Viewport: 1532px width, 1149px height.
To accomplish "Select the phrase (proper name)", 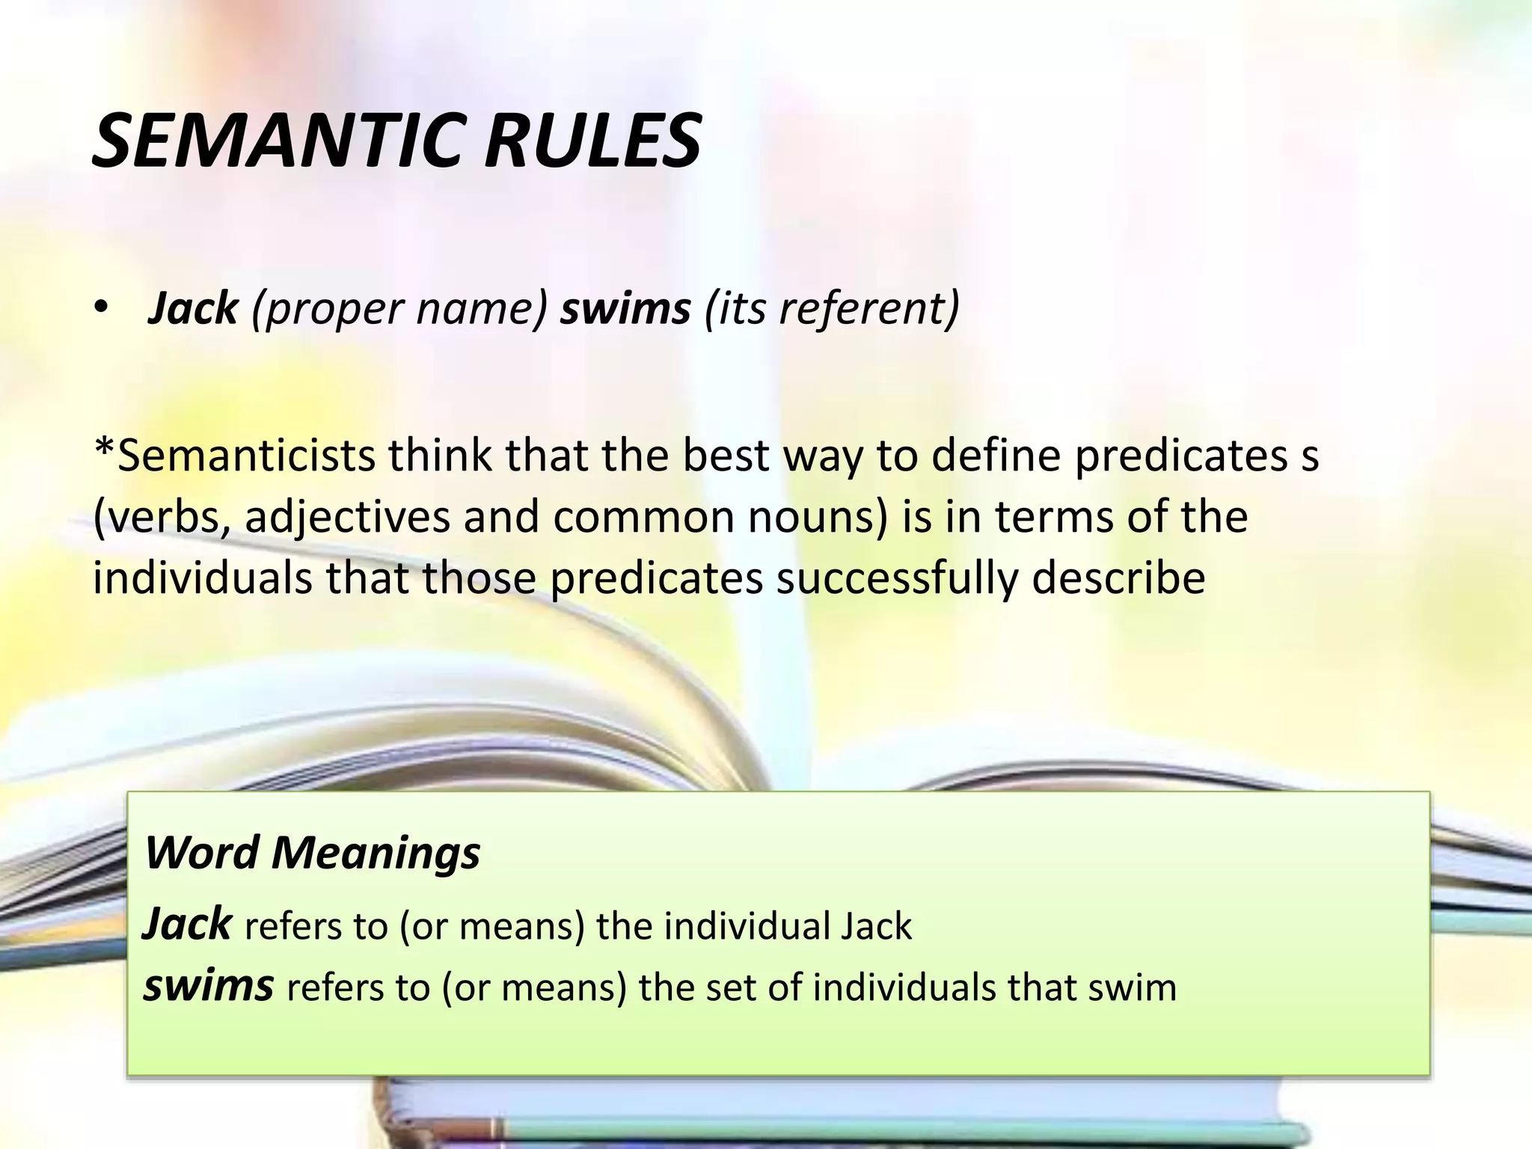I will [399, 308].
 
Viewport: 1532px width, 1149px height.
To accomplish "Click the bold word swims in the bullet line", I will [625, 308].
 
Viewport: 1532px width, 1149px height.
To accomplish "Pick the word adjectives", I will [347, 517].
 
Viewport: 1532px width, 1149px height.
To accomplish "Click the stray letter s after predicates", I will [1310, 456].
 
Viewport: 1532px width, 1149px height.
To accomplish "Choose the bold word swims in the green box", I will [208, 985].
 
